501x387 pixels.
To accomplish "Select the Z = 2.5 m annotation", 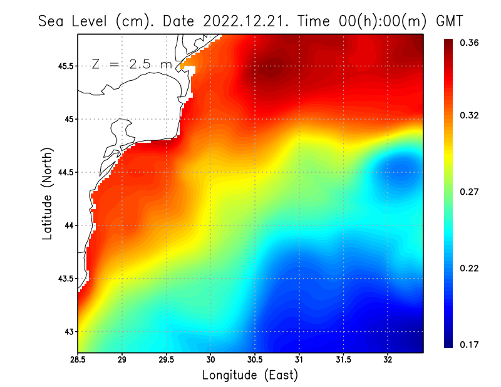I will tap(131, 64).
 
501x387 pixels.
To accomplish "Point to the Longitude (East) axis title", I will tap(250, 375).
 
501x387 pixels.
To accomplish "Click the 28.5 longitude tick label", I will tap(78, 360).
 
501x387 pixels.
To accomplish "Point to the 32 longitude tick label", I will tap(388, 360).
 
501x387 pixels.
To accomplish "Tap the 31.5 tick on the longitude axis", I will tap(343, 360).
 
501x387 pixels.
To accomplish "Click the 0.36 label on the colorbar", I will tap(470, 43).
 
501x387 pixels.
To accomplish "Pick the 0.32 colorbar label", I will tap(470, 115).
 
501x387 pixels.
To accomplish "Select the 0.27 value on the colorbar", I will tap(470, 192).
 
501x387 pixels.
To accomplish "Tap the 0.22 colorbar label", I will tap(470, 268).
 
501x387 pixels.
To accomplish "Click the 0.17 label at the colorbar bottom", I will tap(470, 344).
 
